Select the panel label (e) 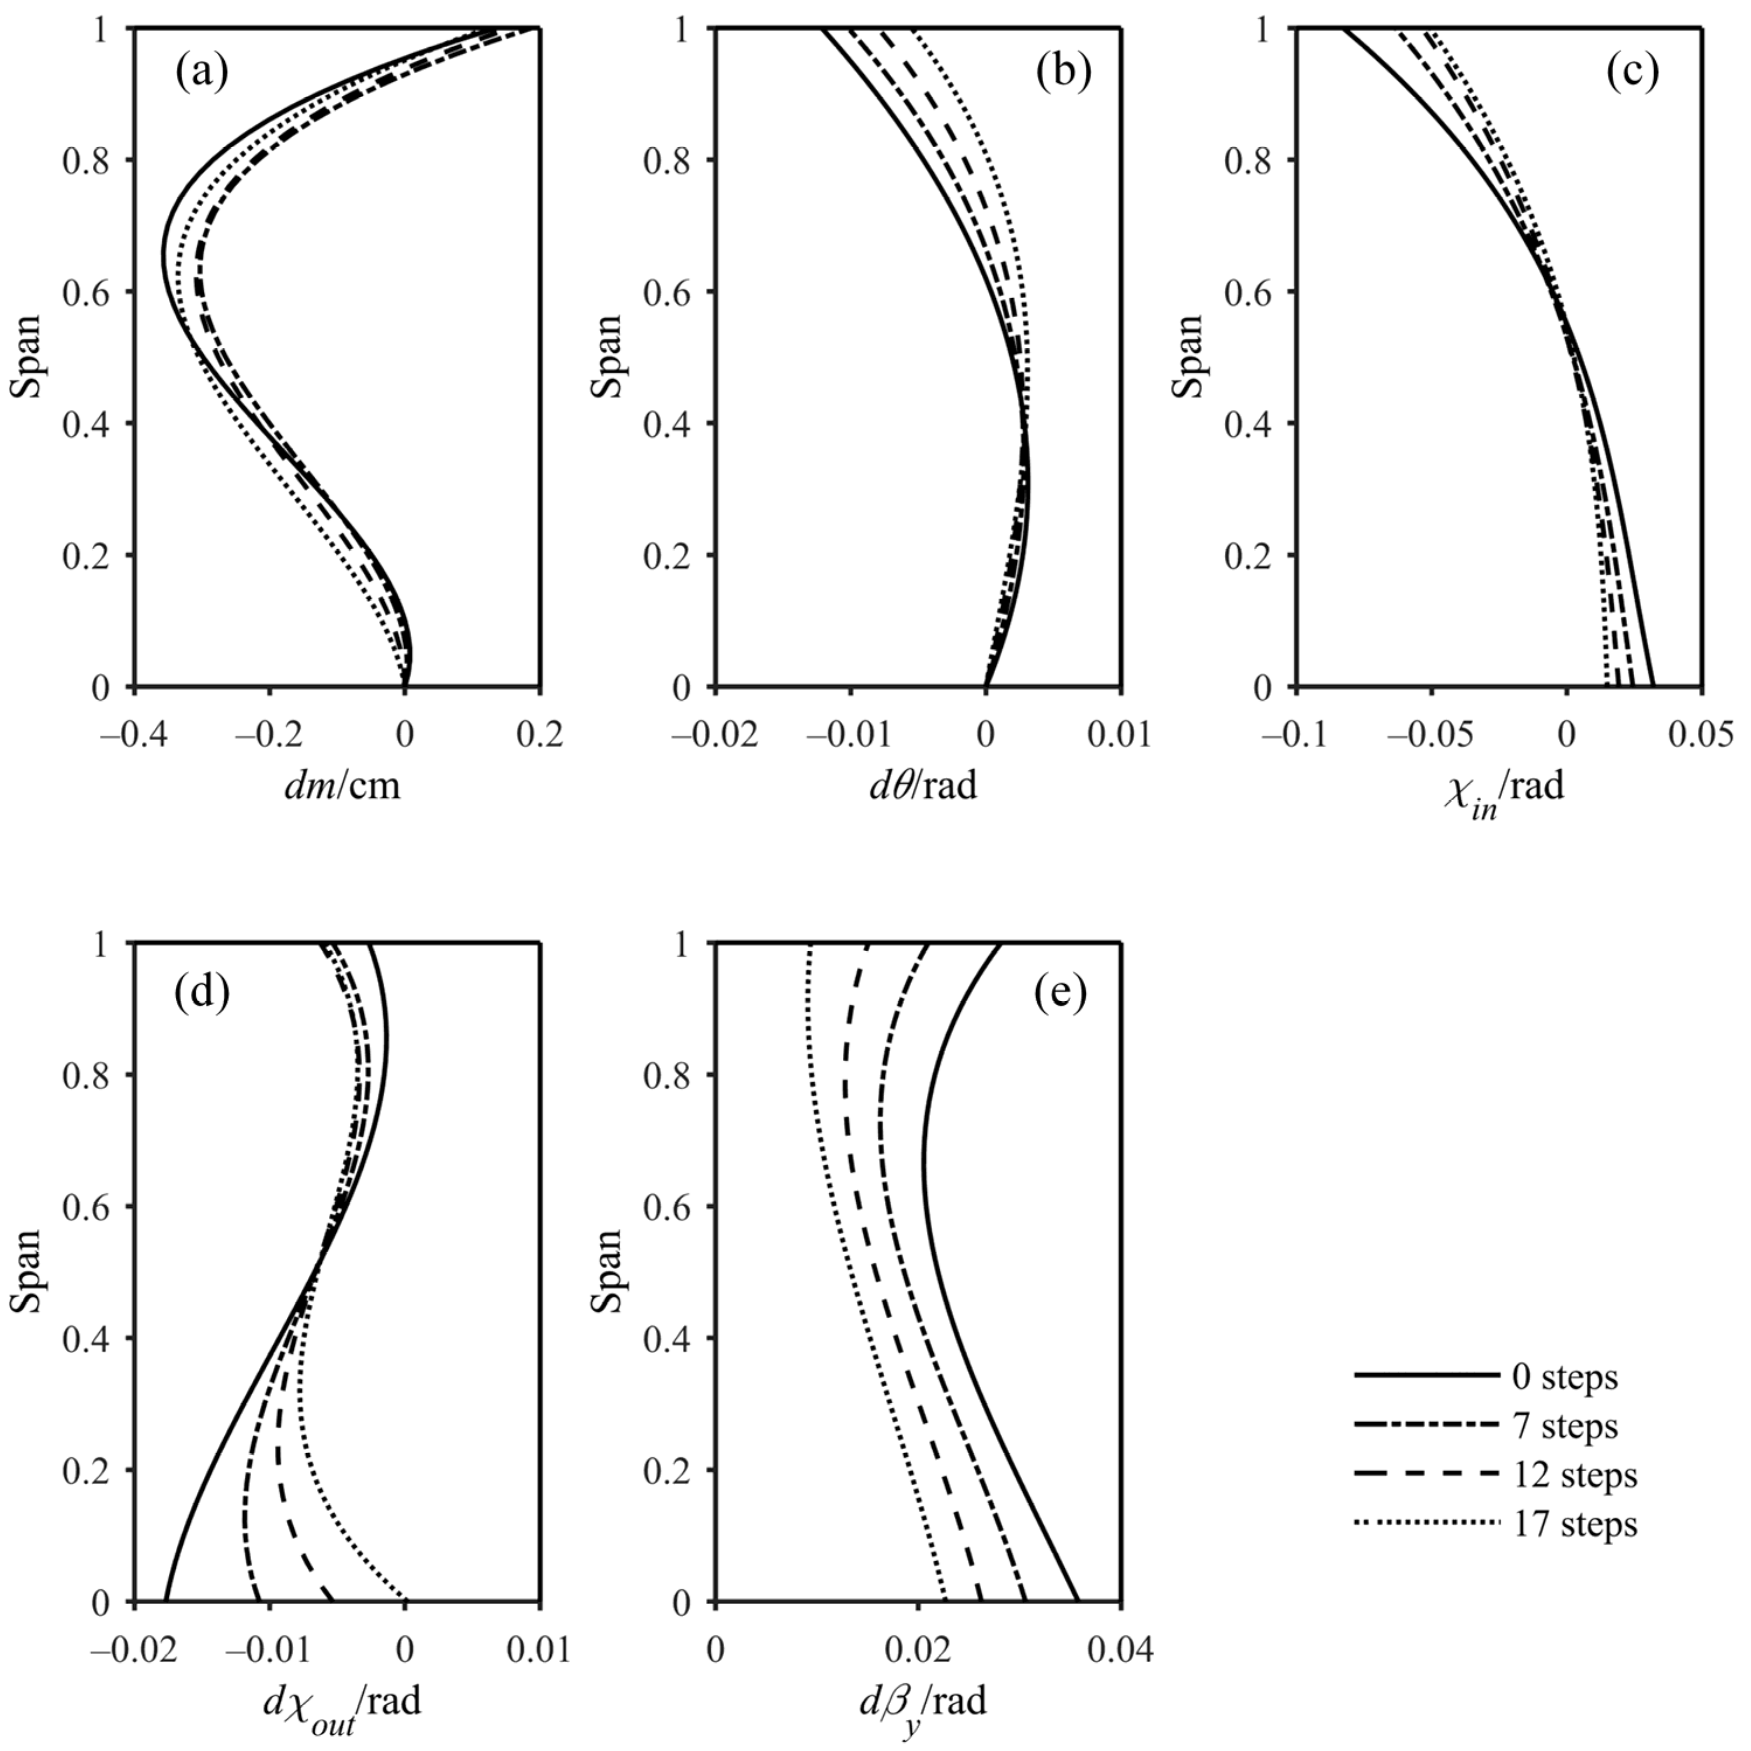pyautogui.click(x=1061, y=993)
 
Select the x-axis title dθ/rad pyautogui.click(x=923, y=786)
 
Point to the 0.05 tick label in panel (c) pyautogui.click(x=1700, y=733)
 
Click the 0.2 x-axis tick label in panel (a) pyautogui.click(x=540, y=733)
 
